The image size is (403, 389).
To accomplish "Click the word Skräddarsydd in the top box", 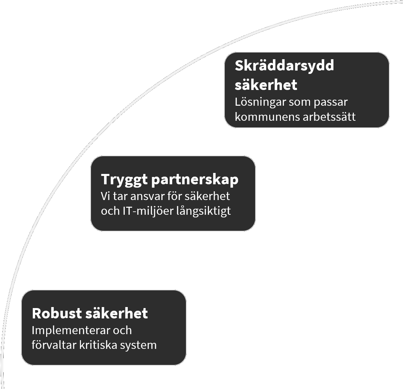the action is [x=284, y=66].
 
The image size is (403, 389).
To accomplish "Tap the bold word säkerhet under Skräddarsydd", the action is [x=266, y=85].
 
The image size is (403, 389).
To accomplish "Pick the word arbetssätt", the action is [x=329, y=117].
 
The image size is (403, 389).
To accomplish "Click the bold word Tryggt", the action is [x=124, y=180].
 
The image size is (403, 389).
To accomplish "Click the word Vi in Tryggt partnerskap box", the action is [x=105, y=196].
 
